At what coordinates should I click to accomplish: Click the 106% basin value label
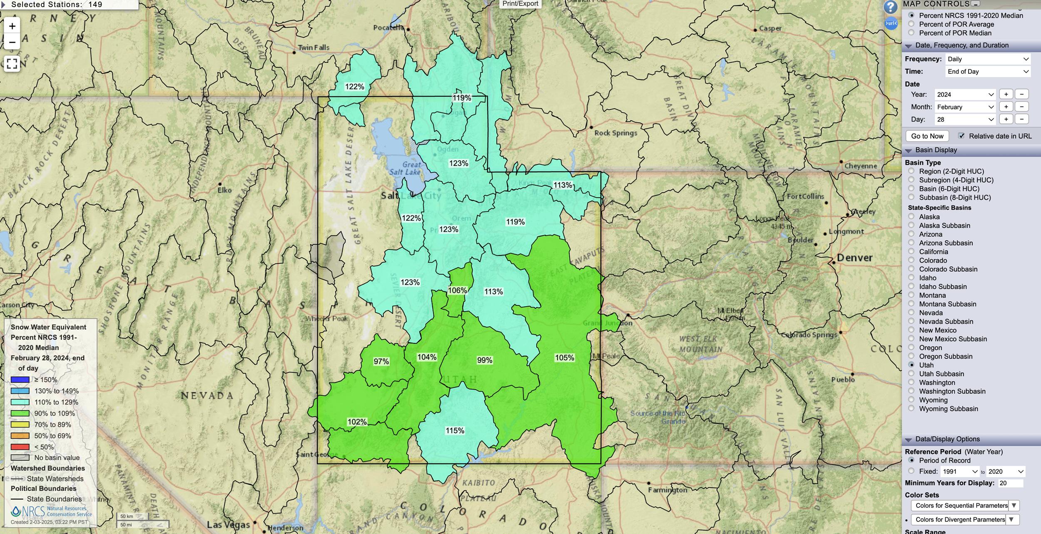coord(457,290)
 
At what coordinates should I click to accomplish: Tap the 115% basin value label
coord(455,430)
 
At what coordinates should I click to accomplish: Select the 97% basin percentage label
coord(381,361)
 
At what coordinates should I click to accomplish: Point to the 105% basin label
coord(564,358)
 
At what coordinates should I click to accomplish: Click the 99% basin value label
coord(484,360)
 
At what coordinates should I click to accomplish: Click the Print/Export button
coord(520,4)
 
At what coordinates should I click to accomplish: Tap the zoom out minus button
coord(12,42)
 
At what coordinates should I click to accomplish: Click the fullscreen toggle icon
coord(12,64)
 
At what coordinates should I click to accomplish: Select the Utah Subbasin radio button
coord(911,374)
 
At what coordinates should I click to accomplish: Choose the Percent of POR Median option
coord(911,33)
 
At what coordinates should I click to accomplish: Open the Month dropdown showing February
coord(965,107)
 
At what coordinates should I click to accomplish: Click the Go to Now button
coord(927,136)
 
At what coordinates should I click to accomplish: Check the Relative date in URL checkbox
coord(961,136)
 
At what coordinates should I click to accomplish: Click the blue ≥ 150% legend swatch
coord(20,380)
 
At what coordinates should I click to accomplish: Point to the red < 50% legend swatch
coord(20,447)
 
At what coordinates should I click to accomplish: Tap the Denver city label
coord(854,258)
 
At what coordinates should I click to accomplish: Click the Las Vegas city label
coord(228,524)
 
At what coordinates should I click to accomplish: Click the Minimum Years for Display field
coord(1010,483)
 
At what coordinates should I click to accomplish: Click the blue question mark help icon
coord(890,7)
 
